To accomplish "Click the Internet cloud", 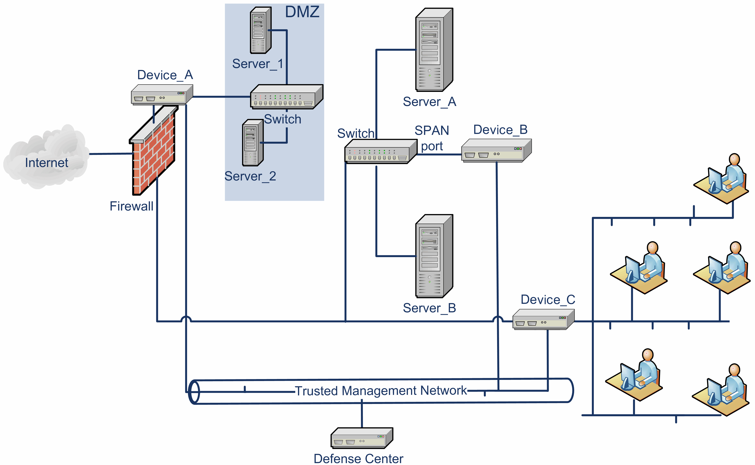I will coord(46,157).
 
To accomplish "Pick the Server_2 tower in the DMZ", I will coord(252,143).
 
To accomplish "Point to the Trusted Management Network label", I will coord(381,391).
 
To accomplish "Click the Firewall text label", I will coord(131,206).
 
